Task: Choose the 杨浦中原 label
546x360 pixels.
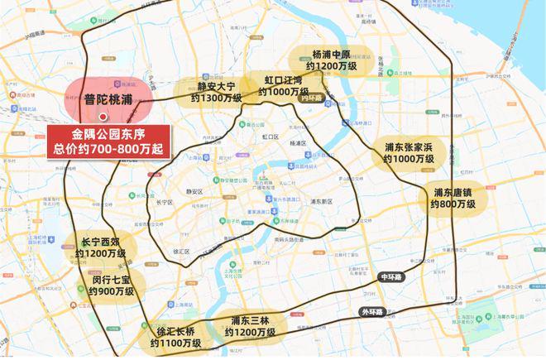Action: point(332,60)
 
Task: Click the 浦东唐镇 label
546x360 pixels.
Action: point(453,197)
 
